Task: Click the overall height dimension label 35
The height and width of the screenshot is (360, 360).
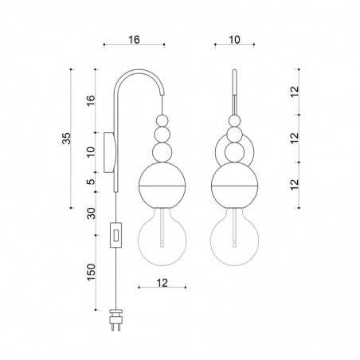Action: click(x=66, y=139)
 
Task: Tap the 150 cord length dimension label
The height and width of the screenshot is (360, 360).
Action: click(x=91, y=272)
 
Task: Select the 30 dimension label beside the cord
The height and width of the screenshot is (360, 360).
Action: click(x=91, y=213)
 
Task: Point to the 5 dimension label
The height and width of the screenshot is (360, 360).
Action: click(x=91, y=182)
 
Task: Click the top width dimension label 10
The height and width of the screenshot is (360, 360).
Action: click(x=234, y=40)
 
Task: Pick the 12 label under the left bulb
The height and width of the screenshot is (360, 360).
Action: click(x=162, y=283)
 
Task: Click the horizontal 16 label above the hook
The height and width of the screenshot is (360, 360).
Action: click(x=134, y=40)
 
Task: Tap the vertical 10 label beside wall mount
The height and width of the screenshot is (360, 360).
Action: click(x=91, y=152)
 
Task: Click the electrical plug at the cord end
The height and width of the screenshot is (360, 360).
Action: click(x=115, y=320)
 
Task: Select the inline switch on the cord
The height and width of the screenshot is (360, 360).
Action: click(x=116, y=235)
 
